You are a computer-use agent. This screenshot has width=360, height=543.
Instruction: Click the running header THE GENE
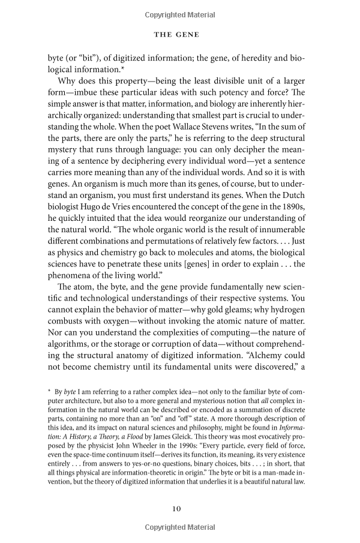click(x=179, y=35)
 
